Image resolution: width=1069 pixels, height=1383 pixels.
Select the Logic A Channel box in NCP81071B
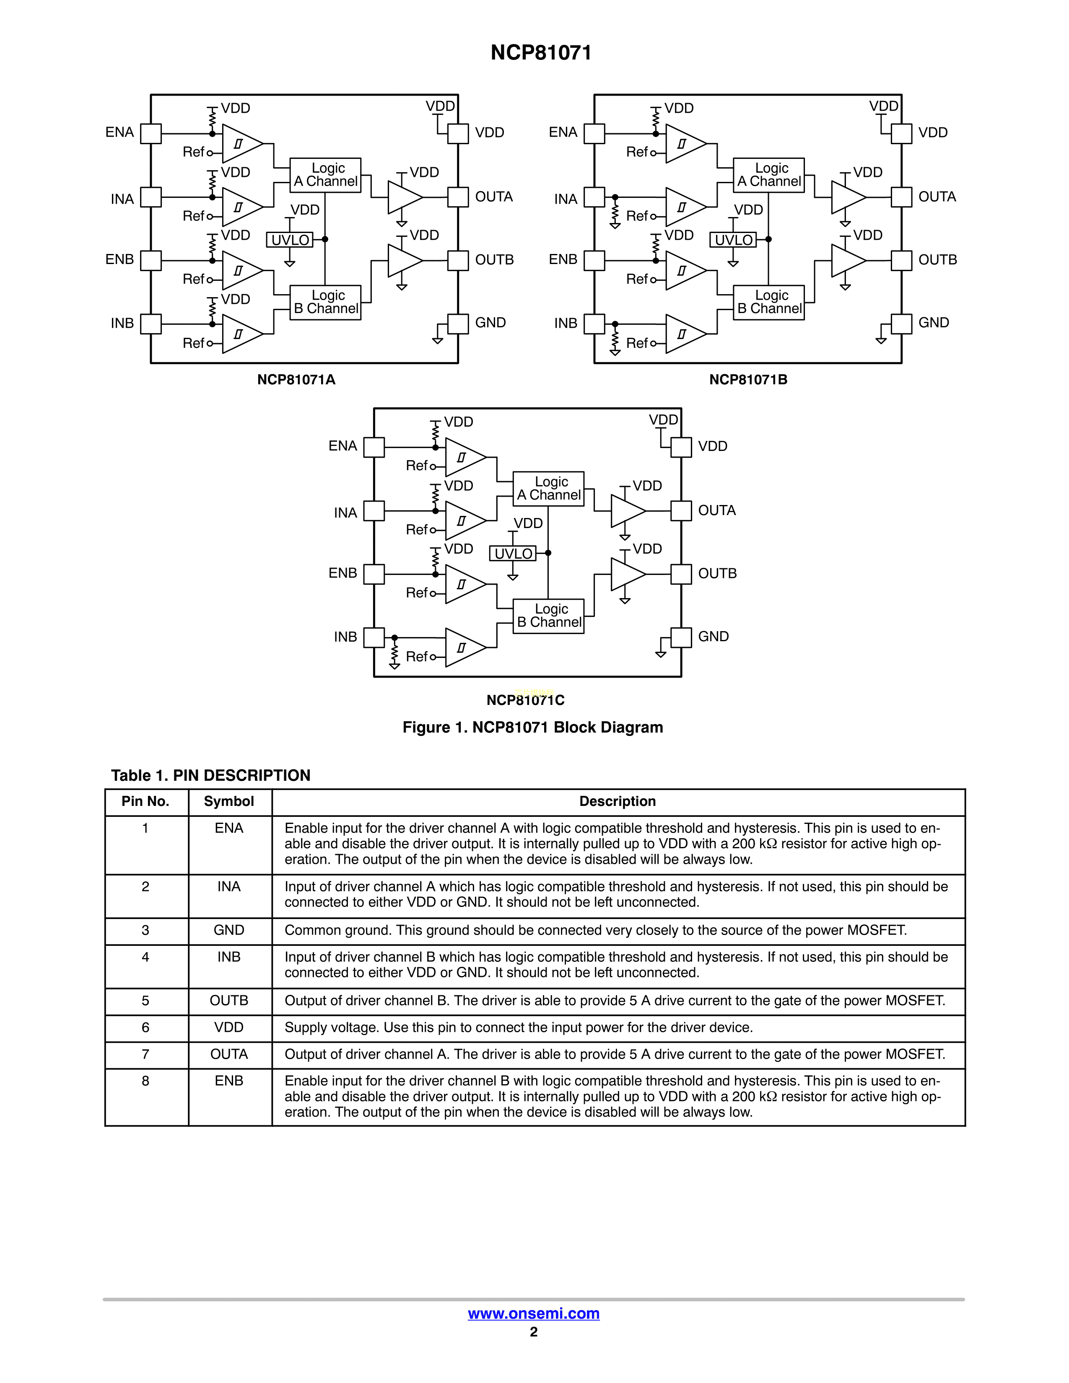click(x=769, y=175)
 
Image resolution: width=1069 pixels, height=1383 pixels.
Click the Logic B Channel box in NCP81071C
click(x=548, y=616)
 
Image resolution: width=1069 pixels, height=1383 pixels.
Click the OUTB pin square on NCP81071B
click(x=901, y=260)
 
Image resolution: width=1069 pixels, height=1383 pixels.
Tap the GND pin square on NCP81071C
click(x=681, y=637)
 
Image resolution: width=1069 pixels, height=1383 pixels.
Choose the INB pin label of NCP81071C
click(x=345, y=637)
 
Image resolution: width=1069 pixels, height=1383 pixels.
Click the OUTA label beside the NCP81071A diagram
click(x=494, y=197)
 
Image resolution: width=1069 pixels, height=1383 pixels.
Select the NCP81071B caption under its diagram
click(x=748, y=380)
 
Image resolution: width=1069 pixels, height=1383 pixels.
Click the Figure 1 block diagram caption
click(x=532, y=728)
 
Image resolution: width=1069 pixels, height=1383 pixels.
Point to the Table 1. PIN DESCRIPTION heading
click(x=211, y=776)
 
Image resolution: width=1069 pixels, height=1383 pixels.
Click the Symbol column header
click(x=228, y=802)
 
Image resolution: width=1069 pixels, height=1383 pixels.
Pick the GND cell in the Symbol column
click(x=228, y=930)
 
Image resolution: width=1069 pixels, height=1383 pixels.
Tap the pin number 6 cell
click(x=145, y=1028)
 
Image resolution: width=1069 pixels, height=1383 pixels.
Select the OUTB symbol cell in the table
click(x=228, y=1000)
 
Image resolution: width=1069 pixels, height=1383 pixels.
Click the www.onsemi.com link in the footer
click(x=533, y=1314)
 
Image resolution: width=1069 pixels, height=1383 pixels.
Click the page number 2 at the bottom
click(x=534, y=1332)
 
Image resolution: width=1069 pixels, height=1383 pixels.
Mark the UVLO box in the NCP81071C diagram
click(x=513, y=554)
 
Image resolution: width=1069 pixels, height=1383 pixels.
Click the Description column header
click(x=618, y=802)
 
